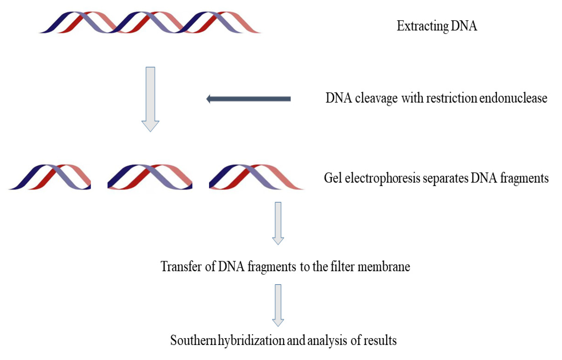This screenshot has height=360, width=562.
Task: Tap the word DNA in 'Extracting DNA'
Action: pyautogui.click(x=464, y=26)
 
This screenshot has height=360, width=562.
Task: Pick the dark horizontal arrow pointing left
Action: pyautogui.click(x=248, y=99)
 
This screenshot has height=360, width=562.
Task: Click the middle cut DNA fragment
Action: pyautogui.click(x=150, y=177)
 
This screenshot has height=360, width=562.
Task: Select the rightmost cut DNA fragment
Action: pyautogui.click(x=256, y=177)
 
